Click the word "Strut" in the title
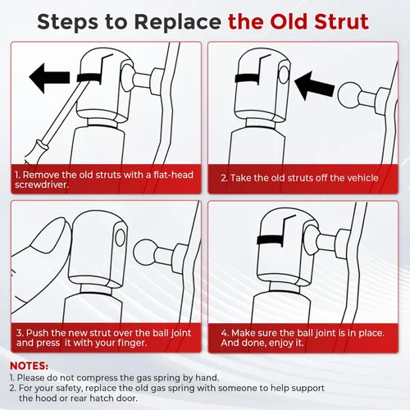(341, 21)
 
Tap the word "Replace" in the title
(178, 22)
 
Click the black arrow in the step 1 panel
(49, 79)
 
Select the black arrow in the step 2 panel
(315, 85)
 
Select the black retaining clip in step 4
(271, 239)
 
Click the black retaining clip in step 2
(248, 78)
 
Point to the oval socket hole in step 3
(120, 238)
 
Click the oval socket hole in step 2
(284, 75)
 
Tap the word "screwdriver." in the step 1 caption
(42, 184)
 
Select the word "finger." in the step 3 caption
(132, 343)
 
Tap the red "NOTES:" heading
(29, 366)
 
